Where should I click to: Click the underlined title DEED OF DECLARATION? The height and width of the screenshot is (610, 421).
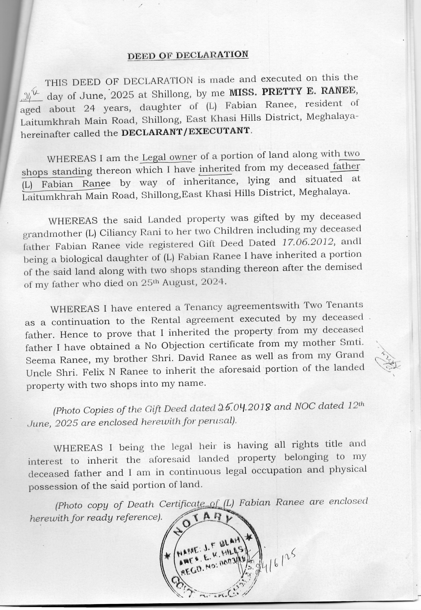click(x=188, y=55)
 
